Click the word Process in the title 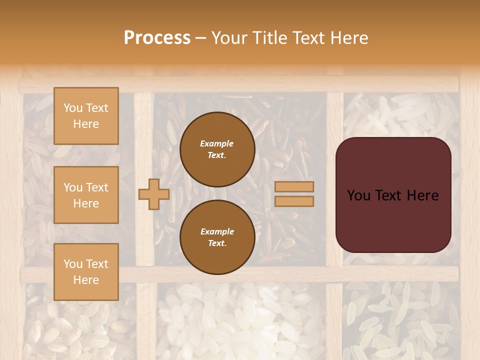(x=157, y=38)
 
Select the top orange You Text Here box (x=86, y=116)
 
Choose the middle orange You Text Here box (x=86, y=195)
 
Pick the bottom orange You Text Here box (x=86, y=272)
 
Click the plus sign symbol (x=153, y=194)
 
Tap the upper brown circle (x=217, y=149)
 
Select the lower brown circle (x=217, y=237)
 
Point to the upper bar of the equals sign (x=294, y=186)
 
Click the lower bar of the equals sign (x=294, y=201)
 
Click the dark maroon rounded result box (x=393, y=220)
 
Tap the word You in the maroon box (x=359, y=195)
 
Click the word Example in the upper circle (x=217, y=143)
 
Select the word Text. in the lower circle (x=217, y=243)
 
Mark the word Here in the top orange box (x=86, y=124)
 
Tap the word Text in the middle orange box (x=97, y=187)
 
